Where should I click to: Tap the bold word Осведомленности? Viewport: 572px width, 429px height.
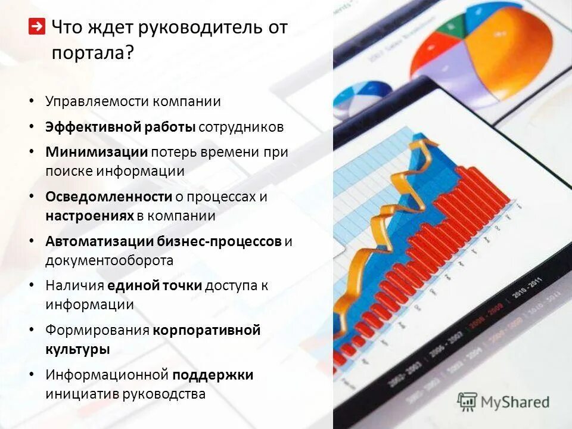click(x=108, y=197)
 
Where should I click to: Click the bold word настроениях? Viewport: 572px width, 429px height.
click(x=89, y=216)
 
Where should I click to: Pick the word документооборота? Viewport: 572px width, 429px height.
click(x=109, y=260)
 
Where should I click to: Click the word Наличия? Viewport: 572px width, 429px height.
click(x=74, y=285)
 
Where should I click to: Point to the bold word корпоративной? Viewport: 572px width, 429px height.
click(x=207, y=330)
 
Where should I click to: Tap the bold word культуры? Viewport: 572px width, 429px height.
click(x=77, y=349)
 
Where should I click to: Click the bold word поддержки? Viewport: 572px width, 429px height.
click(x=213, y=375)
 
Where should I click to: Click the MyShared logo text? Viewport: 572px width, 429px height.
click(x=513, y=402)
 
